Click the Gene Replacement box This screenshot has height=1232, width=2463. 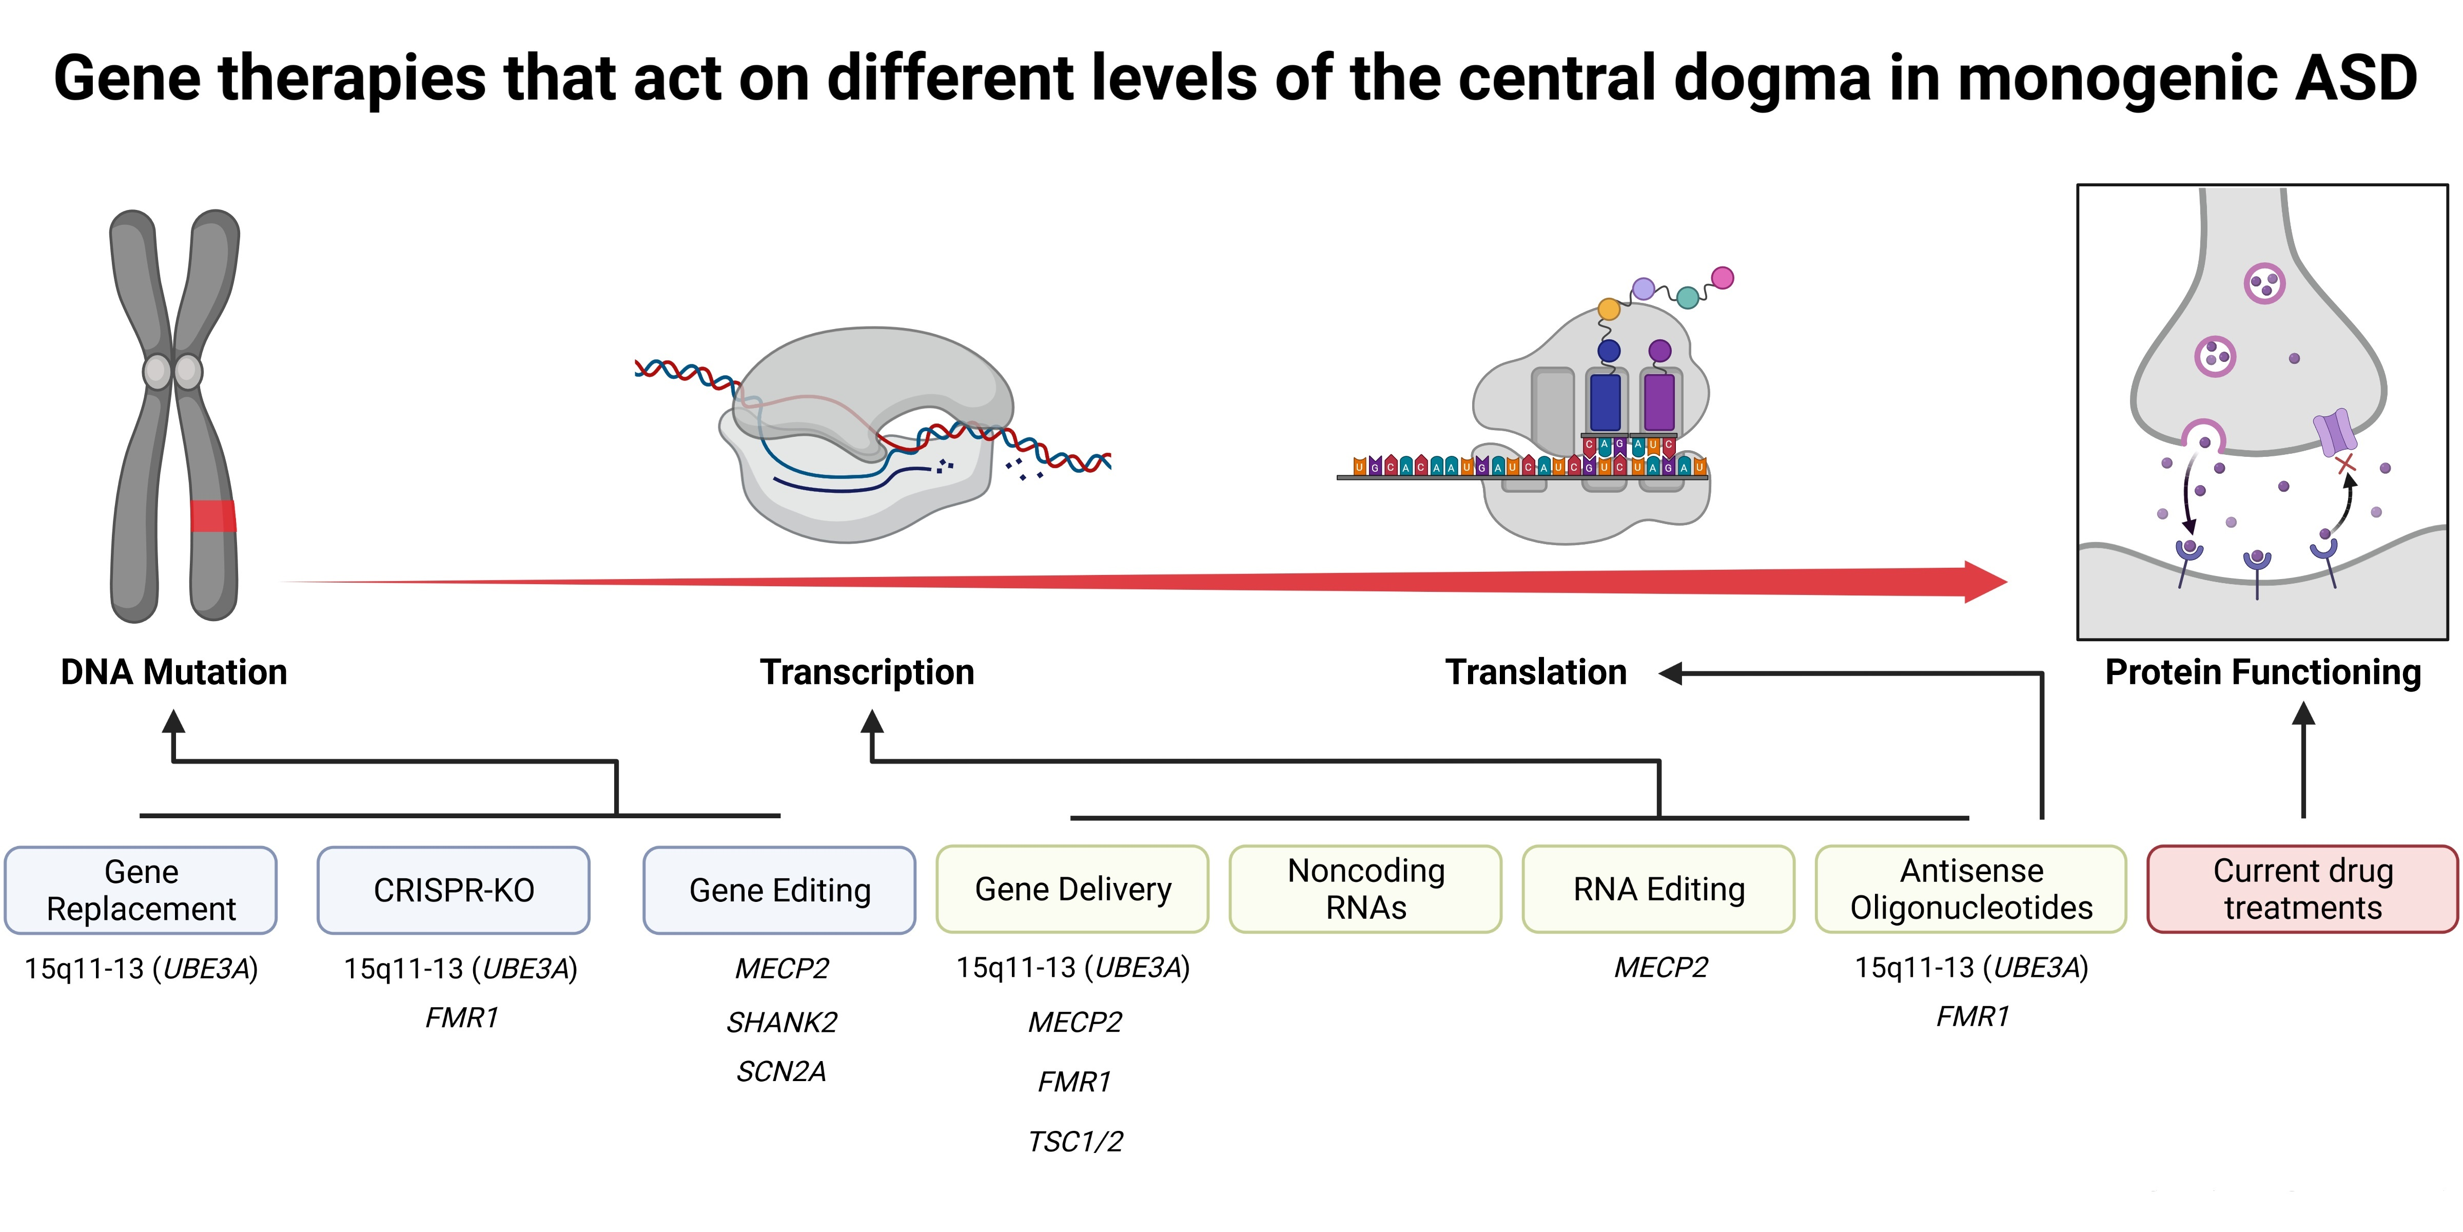[x=141, y=890]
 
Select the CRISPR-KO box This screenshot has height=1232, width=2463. [x=453, y=890]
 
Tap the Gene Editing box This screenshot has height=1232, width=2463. [x=779, y=890]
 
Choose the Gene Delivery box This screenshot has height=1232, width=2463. [x=1072, y=889]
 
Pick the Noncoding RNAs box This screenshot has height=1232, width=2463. [x=1365, y=889]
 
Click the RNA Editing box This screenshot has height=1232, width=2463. [x=1658, y=889]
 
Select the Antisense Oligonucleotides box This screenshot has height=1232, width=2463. [x=1970, y=889]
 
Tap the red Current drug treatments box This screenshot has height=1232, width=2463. [x=2302, y=889]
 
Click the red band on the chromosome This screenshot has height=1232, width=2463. [x=212, y=515]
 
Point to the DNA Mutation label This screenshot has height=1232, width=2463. [x=173, y=672]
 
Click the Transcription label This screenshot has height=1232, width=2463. [x=866, y=672]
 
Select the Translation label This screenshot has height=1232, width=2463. [x=1536, y=672]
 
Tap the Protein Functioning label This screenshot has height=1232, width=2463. [x=2262, y=672]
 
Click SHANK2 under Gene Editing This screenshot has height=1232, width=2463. [x=781, y=1023]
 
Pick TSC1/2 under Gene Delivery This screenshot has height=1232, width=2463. [x=1074, y=1141]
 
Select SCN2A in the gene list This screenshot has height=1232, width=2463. [x=781, y=1071]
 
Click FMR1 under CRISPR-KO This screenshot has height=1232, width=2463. [x=462, y=1018]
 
